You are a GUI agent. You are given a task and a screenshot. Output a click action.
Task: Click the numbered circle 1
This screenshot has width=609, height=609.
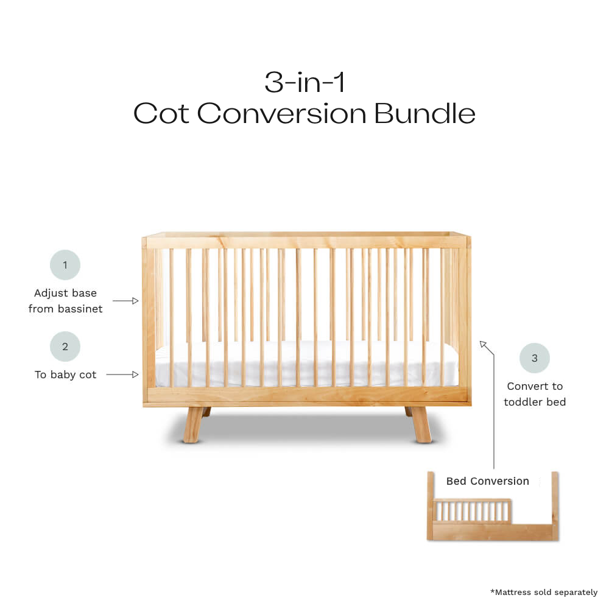[65, 265]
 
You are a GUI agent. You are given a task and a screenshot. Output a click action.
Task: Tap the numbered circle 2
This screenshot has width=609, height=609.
[65, 347]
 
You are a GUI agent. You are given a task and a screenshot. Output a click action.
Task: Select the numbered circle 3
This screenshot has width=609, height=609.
[534, 358]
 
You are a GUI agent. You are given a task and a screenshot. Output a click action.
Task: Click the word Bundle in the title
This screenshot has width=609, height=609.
[424, 114]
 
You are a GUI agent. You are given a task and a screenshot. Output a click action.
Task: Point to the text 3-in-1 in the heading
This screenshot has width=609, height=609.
[304, 82]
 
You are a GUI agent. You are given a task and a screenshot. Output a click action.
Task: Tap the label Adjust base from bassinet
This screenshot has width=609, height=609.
[65, 301]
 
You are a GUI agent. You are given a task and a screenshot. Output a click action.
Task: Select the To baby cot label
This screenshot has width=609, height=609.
[65, 375]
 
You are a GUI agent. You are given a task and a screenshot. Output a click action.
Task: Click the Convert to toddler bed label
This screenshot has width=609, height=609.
[534, 394]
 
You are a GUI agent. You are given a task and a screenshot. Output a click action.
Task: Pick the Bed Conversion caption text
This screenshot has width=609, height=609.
[487, 481]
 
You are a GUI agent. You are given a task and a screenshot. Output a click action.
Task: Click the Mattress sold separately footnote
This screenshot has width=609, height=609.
[543, 592]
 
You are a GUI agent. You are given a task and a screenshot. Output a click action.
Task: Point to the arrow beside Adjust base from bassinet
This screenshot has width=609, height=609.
[125, 301]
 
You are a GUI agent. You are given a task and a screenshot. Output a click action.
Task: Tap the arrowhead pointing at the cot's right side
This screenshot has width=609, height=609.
[483, 345]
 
